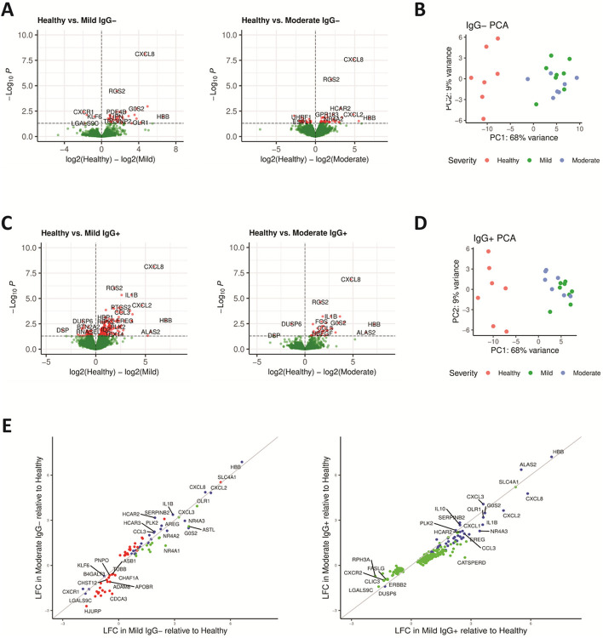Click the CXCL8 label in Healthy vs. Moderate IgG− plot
(353, 60)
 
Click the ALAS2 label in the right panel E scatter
(527, 464)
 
